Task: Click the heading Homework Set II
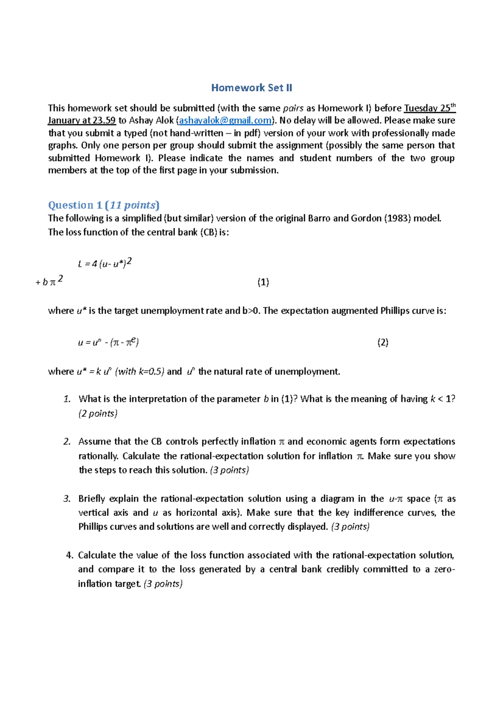pos(251,88)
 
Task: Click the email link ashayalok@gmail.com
pos(225,121)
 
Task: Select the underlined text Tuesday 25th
pos(429,108)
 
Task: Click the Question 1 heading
pos(104,205)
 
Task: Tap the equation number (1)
pos(263,282)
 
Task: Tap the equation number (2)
pos(382,343)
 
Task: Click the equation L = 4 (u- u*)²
pos(105,263)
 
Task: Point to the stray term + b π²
pos(49,281)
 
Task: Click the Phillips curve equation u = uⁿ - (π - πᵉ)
pos(108,343)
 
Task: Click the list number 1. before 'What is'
pos(67,399)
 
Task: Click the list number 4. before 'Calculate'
pos(70,555)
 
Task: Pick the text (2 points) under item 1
pos(98,414)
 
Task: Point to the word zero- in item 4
pos(444,569)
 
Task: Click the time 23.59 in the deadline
pos(104,121)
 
